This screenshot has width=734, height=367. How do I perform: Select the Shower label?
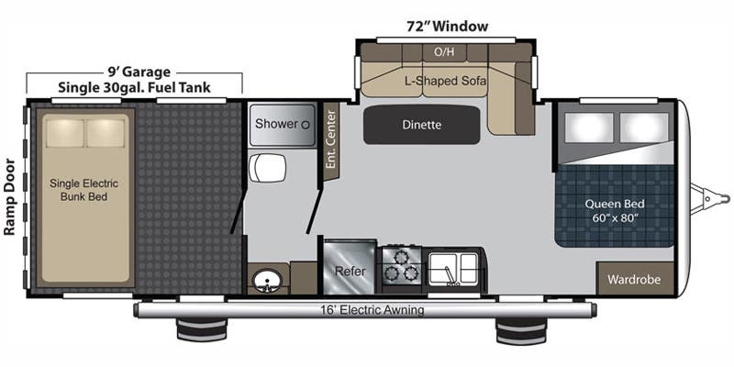tap(276, 124)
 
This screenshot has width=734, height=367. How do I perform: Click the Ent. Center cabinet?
tap(330, 140)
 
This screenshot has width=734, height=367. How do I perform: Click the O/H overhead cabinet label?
tap(445, 51)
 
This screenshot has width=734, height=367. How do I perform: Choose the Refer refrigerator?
tap(350, 271)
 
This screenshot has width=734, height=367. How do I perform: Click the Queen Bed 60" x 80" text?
tap(616, 211)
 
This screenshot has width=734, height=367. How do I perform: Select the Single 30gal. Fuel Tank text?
tap(134, 88)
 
